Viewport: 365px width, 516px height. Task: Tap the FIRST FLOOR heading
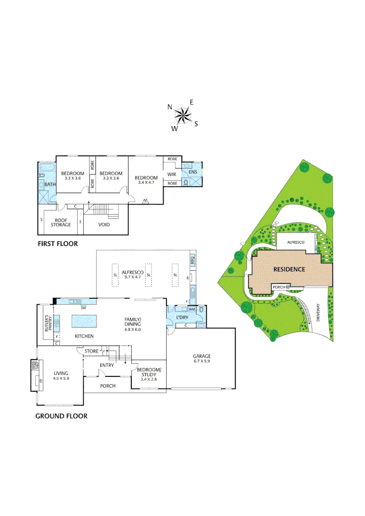point(57,244)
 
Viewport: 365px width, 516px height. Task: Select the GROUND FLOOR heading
point(61,416)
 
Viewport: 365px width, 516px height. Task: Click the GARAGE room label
point(202,356)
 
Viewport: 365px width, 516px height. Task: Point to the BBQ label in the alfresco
point(193,261)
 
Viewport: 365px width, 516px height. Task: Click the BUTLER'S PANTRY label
point(47,324)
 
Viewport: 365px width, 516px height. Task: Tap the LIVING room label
point(61,373)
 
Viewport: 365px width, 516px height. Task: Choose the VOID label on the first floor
point(105,224)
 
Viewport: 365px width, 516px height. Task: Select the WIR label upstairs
point(172,174)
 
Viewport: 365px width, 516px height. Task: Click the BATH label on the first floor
point(50,184)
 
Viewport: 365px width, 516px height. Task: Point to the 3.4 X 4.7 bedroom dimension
point(146,183)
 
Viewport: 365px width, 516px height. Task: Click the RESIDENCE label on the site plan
point(289,269)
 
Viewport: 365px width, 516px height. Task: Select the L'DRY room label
point(182,318)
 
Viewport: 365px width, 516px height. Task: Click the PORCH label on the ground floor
point(108,386)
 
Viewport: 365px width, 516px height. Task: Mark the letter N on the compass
point(170,107)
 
